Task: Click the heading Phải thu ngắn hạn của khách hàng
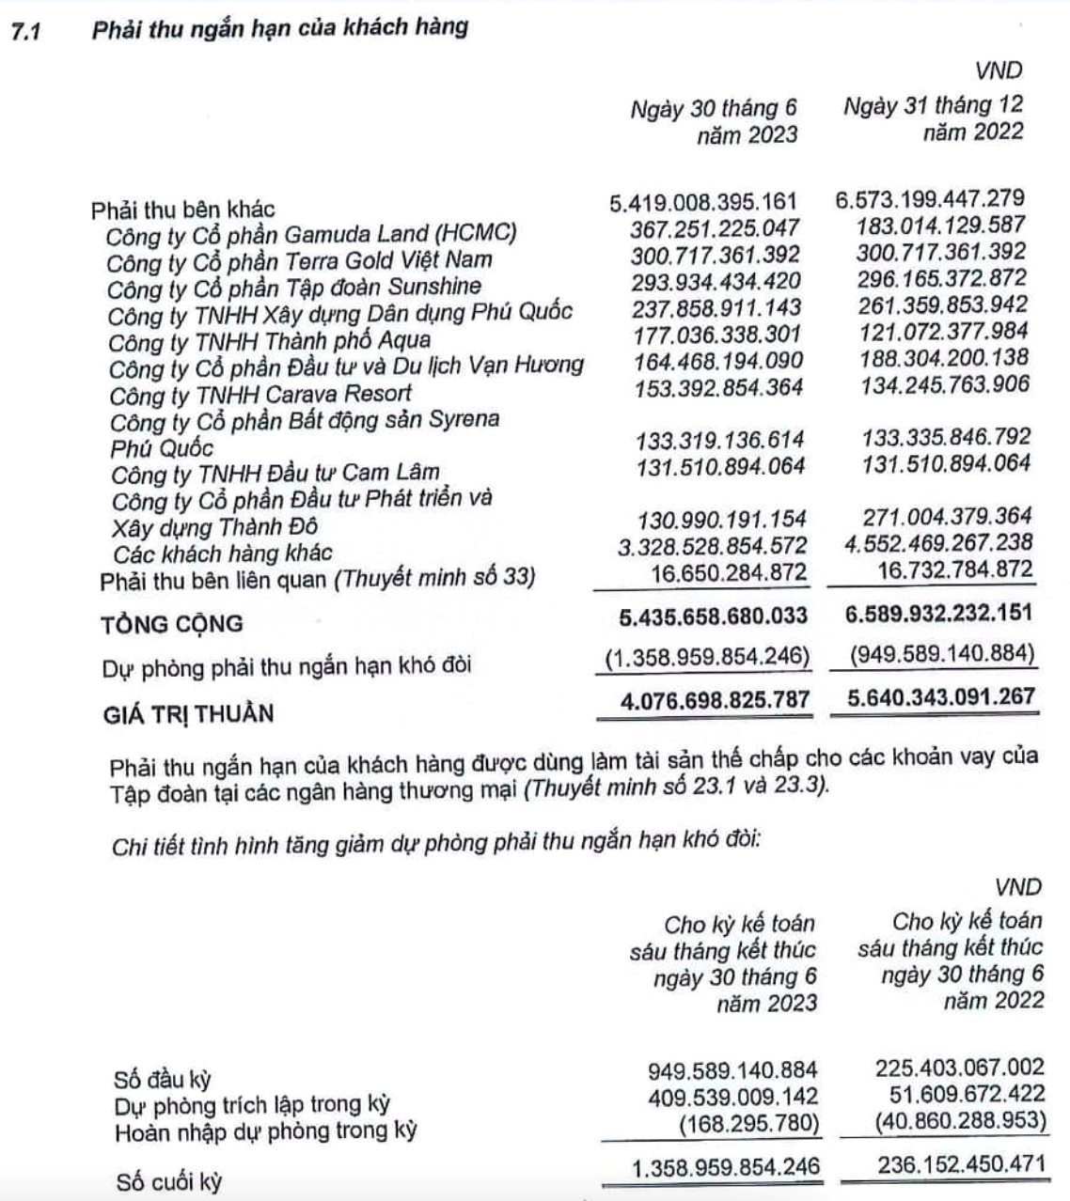pos(279,28)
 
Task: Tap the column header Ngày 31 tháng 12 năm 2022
pos(933,117)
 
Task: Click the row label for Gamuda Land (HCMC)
pos(310,232)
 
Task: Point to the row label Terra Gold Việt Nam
pos(299,259)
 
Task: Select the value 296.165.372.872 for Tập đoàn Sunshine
pos(941,278)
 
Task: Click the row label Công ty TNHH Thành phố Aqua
pos(269,339)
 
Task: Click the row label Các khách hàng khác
pos(223,553)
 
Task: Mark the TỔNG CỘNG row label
pos(172,623)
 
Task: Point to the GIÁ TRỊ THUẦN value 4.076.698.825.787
pos(704,699)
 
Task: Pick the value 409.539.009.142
pos(732,1096)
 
